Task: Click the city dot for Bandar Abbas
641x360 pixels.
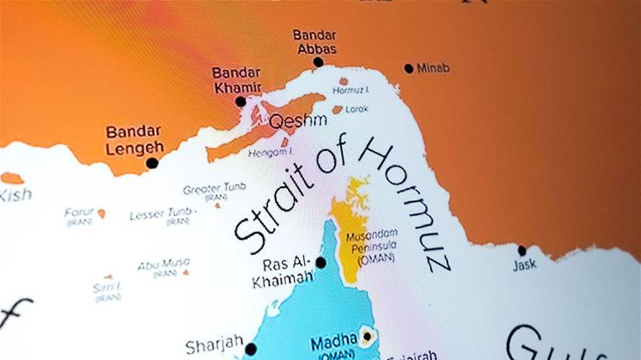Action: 318,62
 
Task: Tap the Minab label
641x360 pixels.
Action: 433,68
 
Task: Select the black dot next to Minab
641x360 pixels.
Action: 409,68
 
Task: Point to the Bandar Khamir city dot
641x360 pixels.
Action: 241,102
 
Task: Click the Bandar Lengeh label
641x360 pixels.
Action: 134,140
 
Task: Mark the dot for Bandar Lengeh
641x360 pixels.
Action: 152,163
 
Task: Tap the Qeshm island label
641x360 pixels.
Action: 298,120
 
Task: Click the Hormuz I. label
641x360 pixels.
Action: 351,91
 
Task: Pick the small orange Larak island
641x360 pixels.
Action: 337,110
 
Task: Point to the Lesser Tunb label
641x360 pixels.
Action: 161,214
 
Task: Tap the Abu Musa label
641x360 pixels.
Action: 164,264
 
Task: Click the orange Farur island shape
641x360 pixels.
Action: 102,213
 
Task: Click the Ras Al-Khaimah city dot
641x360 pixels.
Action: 320,263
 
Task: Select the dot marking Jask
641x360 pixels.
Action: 522,251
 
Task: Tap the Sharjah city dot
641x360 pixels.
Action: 250,349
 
